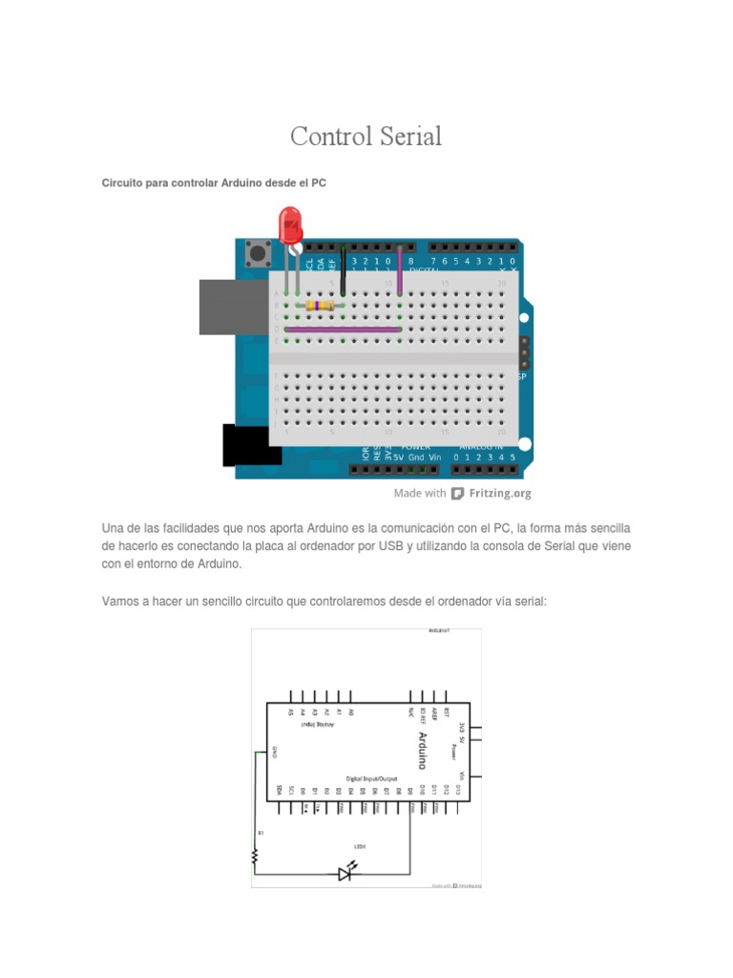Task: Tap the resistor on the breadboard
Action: point(320,306)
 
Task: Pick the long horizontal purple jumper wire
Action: point(344,330)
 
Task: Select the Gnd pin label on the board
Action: point(416,457)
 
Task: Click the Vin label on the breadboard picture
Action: point(435,457)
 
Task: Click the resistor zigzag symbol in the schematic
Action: point(256,857)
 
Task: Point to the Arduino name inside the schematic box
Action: point(423,751)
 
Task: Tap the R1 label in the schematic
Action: point(260,833)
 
